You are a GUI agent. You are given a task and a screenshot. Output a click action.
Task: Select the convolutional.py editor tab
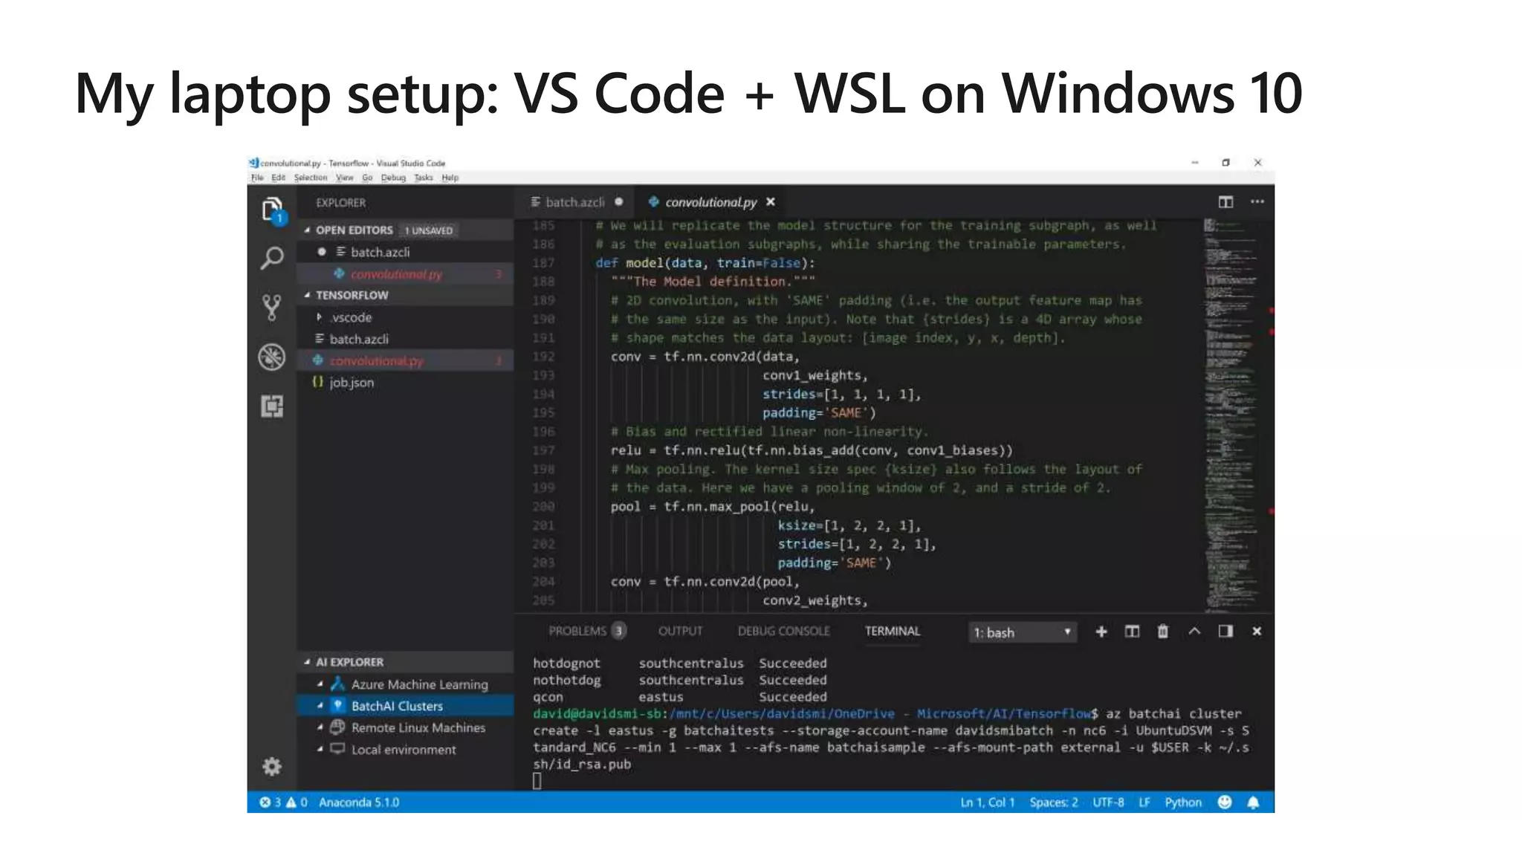tap(710, 202)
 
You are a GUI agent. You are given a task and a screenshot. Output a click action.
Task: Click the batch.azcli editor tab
tap(574, 202)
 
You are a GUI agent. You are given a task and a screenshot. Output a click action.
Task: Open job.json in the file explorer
tap(352, 383)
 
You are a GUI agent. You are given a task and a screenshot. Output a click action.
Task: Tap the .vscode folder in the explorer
tap(351, 317)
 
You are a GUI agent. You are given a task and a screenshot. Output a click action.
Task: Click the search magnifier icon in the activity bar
tap(272, 259)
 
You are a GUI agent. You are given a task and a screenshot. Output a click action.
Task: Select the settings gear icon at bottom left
tap(272, 766)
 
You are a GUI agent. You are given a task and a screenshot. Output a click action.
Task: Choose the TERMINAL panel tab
tap(892, 632)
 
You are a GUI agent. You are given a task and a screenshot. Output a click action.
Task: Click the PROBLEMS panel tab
tap(578, 632)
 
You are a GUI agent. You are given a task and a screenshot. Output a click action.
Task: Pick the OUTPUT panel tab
tap(680, 632)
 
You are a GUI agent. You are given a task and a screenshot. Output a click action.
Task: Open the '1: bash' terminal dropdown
tap(1022, 632)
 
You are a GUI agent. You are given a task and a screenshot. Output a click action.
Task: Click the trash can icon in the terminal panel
tap(1162, 632)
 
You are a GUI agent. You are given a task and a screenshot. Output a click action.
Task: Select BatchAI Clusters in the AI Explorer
tap(397, 706)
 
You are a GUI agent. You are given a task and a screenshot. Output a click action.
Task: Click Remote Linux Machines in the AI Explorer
tap(418, 728)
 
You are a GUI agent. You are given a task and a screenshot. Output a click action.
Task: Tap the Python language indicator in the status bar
tap(1182, 802)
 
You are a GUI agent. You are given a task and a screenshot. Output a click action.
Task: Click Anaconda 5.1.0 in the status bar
tap(359, 802)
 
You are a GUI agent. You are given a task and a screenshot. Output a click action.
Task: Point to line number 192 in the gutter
tap(543, 357)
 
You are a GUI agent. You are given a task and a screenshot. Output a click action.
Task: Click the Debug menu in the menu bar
tap(393, 178)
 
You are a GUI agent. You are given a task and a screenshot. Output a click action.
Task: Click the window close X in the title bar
tap(1257, 163)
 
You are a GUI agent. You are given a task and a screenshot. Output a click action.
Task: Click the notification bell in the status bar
tap(1253, 802)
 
